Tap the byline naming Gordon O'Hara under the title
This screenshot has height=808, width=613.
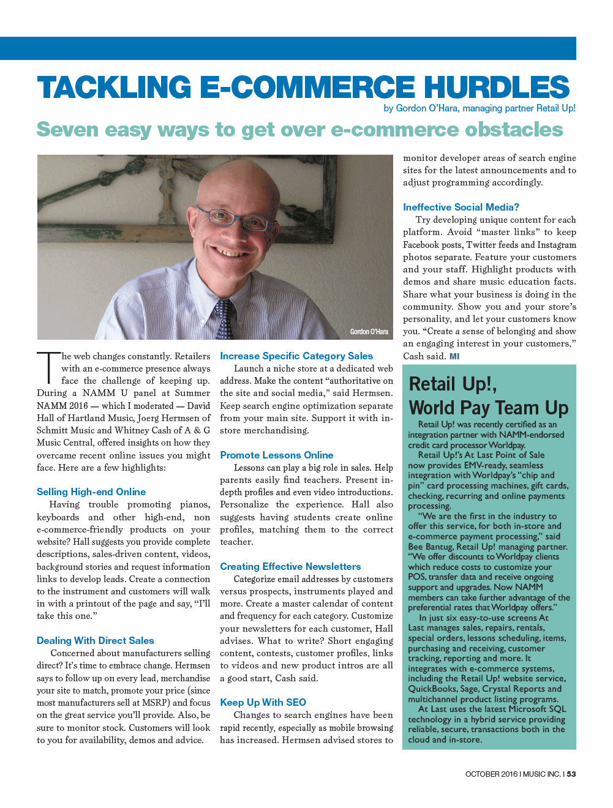[x=479, y=108]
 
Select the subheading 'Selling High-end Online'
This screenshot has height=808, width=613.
[x=91, y=492]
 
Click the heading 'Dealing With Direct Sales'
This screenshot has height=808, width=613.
[x=96, y=640]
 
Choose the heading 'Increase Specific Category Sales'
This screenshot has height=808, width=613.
[x=296, y=356]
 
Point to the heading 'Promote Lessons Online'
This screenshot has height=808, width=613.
[x=277, y=455]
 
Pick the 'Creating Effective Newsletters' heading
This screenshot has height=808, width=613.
[x=290, y=566]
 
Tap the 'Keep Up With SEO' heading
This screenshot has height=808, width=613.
[x=263, y=702]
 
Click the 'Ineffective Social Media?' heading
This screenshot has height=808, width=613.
[x=461, y=207]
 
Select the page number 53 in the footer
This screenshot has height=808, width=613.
[x=571, y=774]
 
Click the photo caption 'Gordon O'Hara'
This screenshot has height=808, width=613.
[x=369, y=332]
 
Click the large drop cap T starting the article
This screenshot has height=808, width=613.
[x=48, y=368]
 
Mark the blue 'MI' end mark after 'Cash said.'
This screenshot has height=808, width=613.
[x=454, y=356]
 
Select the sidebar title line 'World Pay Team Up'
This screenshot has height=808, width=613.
[x=489, y=408]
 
